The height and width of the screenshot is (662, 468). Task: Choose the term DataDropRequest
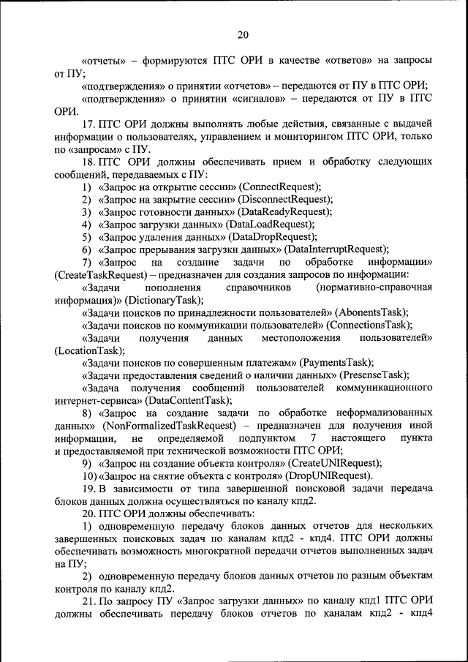point(272,236)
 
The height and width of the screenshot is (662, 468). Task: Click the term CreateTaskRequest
point(96,274)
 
